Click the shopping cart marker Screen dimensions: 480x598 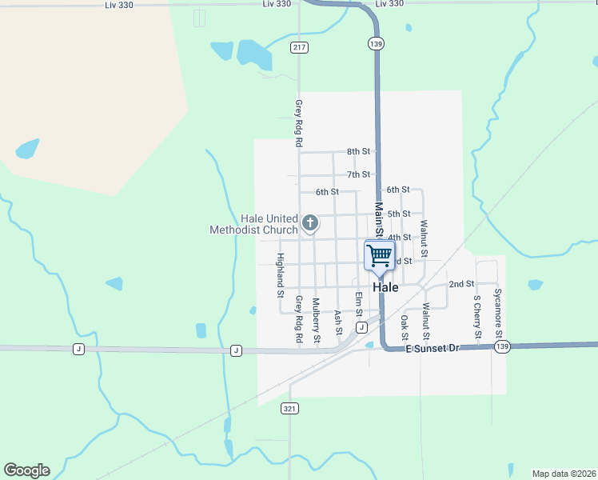tap(380, 256)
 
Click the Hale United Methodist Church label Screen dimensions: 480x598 tap(253, 224)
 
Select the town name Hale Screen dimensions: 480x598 tap(385, 287)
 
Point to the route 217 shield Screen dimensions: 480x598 tap(300, 48)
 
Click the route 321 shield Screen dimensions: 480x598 tap(289, 408)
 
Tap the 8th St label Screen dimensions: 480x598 tap(359, 151)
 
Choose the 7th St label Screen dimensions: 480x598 tap(359, 174)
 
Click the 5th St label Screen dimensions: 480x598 tap(399, 214)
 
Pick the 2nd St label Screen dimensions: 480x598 tap(461, 284)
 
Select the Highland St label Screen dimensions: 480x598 tap(281, 270)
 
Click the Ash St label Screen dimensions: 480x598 tap(338, 322)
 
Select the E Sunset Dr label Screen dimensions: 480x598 tap(433, 349)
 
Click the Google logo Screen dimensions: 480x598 tap(26, 470)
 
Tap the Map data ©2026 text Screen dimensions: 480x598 tap(564, 473)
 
